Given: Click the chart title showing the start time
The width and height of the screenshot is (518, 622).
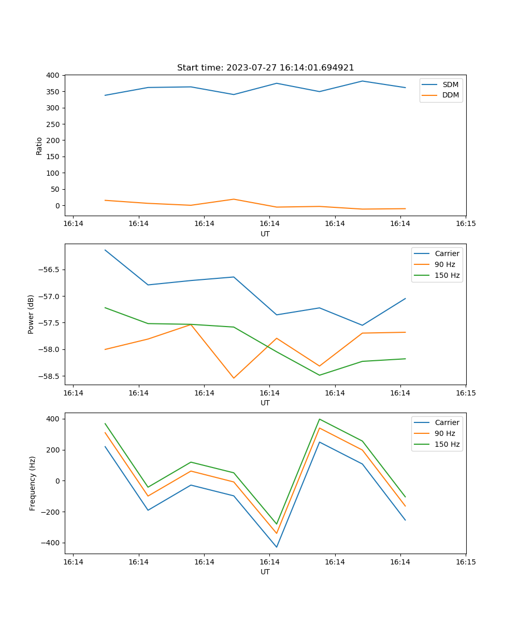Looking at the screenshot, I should [x=265, y=68].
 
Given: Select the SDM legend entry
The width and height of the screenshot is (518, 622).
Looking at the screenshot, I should [x=450, y=84].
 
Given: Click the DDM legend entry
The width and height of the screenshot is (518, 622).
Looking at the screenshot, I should [x=450, y=95].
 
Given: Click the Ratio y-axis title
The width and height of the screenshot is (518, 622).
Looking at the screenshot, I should [x=39, y=146].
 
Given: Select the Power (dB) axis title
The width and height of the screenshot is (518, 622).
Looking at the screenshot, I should [x=31, y=314].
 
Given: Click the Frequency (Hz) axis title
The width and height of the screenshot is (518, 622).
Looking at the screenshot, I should [x=32, y=483].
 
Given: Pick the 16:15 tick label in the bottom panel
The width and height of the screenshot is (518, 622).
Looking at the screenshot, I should [x=465, y=561].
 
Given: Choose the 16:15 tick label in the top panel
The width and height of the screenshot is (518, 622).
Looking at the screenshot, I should [x=465, y=223].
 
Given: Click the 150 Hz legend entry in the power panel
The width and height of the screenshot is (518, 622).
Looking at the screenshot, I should [x=447, y=275].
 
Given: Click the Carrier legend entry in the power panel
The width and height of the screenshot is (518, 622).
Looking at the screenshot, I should [x=447, y=253].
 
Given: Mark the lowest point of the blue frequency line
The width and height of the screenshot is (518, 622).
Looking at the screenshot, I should [x=277, y=547].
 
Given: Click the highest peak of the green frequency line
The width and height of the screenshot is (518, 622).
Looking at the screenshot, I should [x=320, y=419].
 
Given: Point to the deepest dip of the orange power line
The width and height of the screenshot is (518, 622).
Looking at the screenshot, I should [x=234, y=378].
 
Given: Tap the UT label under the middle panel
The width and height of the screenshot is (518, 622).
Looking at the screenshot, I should [x=265, y=403].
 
